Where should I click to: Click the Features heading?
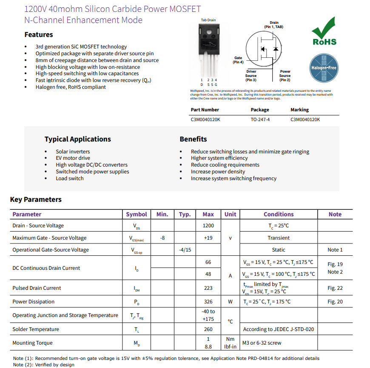[x=39, y=35]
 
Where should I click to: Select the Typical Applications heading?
[x=77, y=139]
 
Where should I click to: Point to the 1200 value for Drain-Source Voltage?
[x=208, y=226]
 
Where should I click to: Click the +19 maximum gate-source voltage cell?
[x=208, y=238]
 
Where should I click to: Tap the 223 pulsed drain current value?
[x=208, y=288]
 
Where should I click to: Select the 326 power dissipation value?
[x=208, y=302]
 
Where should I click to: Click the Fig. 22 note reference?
[x=335, y=288]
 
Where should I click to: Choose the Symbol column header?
[x=137, y=215]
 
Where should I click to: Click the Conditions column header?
[x=279, y=215]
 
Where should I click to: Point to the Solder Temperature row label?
[x=36, y=329]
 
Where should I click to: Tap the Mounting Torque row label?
[x=32, y=343]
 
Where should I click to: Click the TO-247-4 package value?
[x=260, y=119]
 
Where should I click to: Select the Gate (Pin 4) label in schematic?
[x=238, y=60]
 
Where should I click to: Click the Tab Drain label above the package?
[x=208, y=20]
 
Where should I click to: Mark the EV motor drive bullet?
[x=73, y=158]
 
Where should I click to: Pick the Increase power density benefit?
[x=218, y=172]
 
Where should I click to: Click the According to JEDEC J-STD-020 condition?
[x=279, y=329]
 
